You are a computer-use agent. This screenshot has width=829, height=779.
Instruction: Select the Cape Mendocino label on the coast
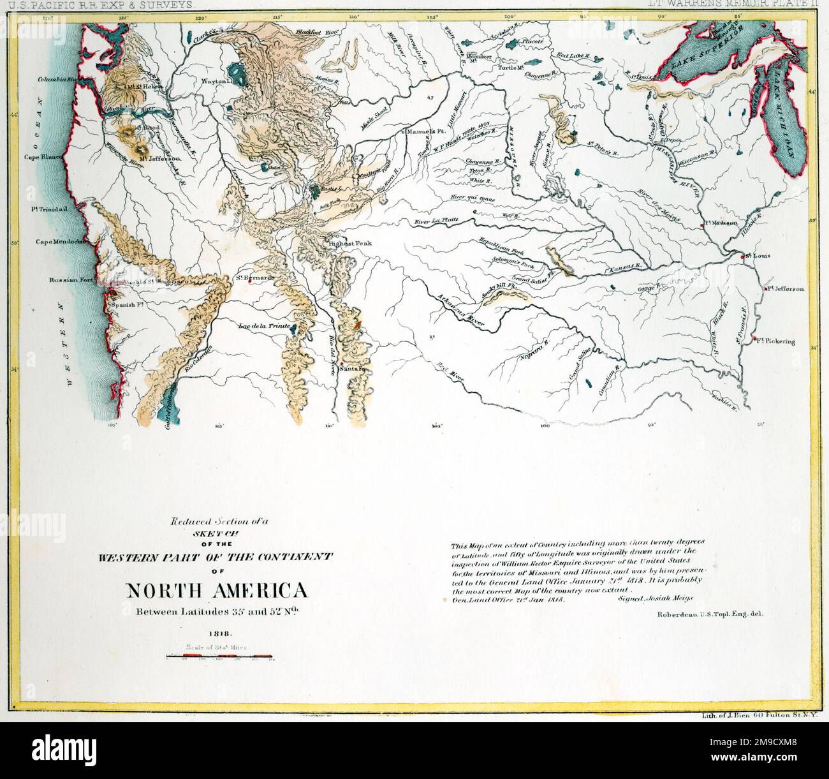(61, 242)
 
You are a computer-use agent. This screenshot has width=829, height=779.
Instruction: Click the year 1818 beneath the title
(219, 634)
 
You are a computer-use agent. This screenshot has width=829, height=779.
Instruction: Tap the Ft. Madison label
(720, 223)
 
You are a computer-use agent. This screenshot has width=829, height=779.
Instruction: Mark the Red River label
(448, 373)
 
